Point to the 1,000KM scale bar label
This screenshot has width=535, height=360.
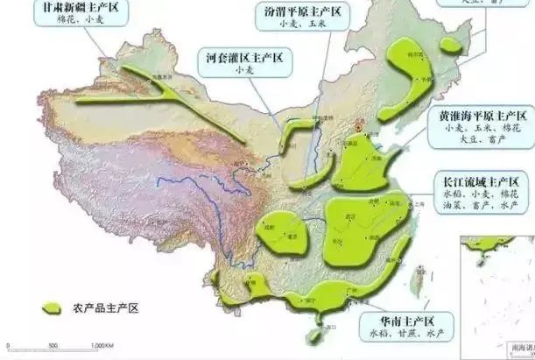pos(103,348)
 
